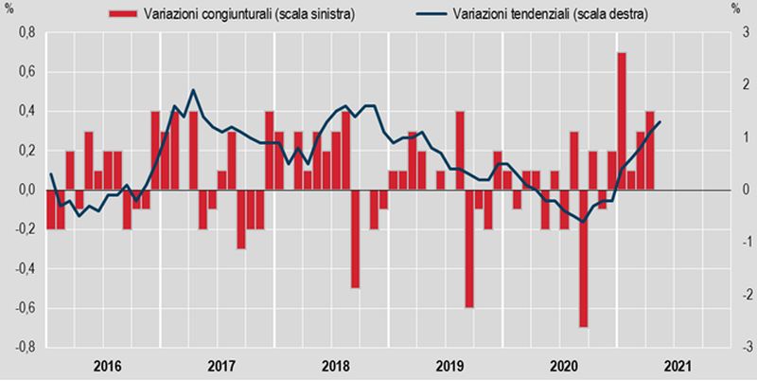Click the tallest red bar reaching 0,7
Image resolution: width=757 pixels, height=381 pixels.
[622, 121]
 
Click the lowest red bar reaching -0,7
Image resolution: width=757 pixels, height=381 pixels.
[583, 258]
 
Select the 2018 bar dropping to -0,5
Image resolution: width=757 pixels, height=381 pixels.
[355, 238]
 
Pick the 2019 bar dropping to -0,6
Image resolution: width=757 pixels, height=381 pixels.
[469, 248]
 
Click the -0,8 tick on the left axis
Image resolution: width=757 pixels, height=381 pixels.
[21, 348]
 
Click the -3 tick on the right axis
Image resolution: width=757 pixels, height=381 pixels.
[743, 348]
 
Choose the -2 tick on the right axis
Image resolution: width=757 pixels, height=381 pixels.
[743, 296]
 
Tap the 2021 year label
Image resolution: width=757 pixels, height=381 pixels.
[676, 365]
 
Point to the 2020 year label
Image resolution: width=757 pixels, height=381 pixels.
[562, 365]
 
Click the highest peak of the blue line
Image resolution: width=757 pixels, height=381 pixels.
[194, 90]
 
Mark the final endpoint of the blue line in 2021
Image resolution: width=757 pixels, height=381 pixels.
[660, 121]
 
